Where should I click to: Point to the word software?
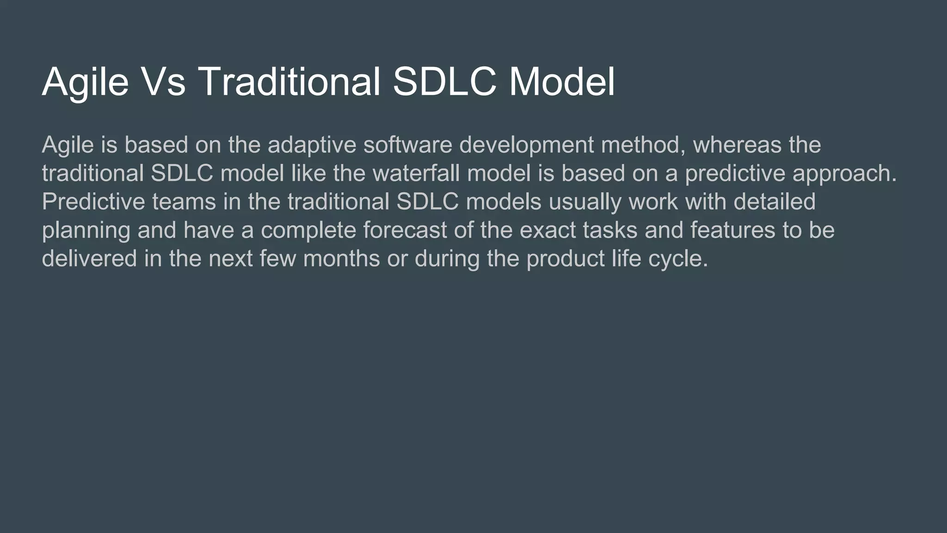(407, 145)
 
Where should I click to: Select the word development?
(526, 145)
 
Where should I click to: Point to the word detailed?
(775, 202)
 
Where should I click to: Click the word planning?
(86, 231)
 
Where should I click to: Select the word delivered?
(89, 259)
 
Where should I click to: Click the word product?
(565, 259)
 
